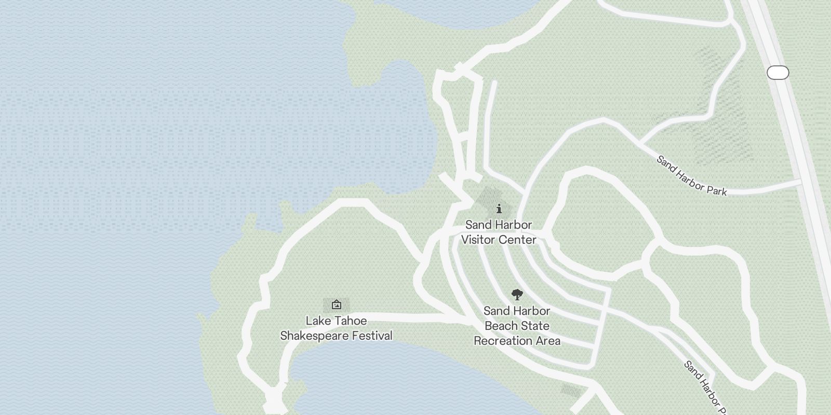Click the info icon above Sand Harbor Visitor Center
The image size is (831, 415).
pyautogui.click(x=499, y=209)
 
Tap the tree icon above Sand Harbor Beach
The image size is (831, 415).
pyautogui.click(x=517, y=295)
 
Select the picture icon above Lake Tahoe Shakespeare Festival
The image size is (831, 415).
pyautogui.click(x=337, y=305)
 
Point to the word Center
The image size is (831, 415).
pyautogui.click(x=518, y=240)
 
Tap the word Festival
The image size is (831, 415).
pyautogui.click(x=372, y=336)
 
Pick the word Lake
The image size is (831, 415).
pyautogui.click(x=318, y=321)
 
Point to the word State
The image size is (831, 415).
pyautogui.click(x=535, y=326)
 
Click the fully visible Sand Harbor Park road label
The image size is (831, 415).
pyautogui.click(x=691, y=176)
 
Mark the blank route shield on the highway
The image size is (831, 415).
pyautogui.click(x=778, y=73)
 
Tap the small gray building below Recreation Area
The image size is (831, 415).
pyautogui.click(x=571, y=391)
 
